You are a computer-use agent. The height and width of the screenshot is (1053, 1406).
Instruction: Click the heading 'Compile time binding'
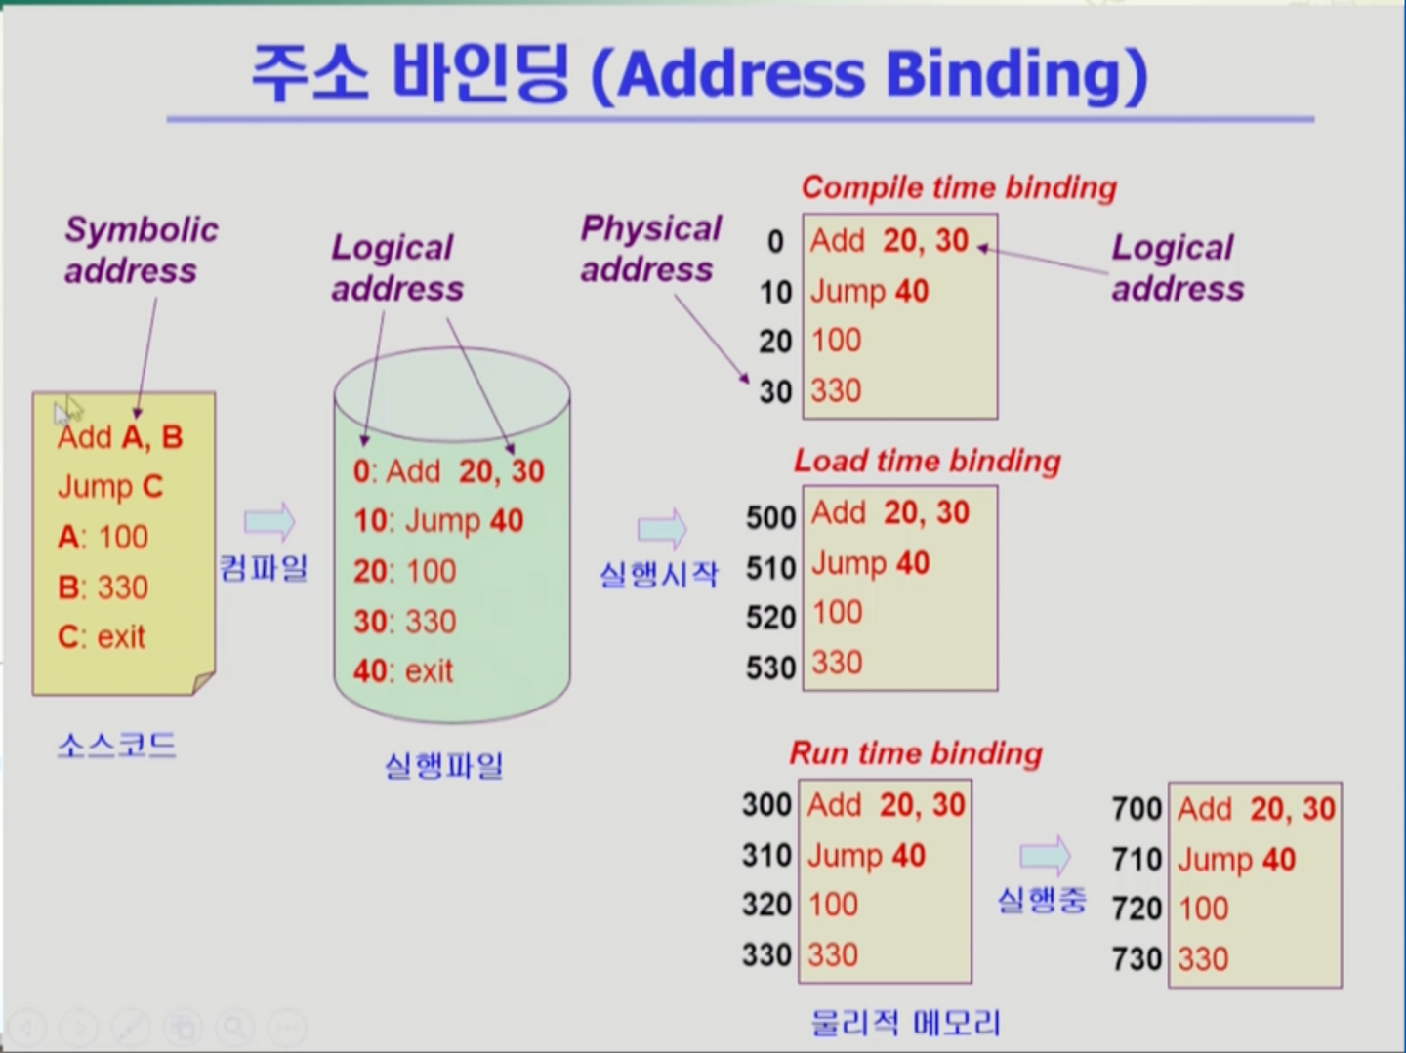pyautogui.click(x=959, y=188)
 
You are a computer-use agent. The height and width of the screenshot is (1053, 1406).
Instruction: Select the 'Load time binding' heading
pyautogui.click(x=927, y=461)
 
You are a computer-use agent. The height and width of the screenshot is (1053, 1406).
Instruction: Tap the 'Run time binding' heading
pyautogui.click(x=916, y=753)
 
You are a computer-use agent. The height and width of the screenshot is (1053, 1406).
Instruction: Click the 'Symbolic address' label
pyautogui.click(x=142, y=250)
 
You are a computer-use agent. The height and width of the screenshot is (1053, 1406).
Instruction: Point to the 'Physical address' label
pyautogui.click(x=651, y=248)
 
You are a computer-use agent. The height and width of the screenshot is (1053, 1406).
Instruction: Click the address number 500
pyautogui.click(x=770, y=517)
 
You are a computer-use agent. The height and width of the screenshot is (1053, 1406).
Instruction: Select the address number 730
pyautogui.click(x=1137, y=959)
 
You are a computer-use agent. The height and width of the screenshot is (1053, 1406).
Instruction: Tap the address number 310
pyautogui.click(x=766, y=855)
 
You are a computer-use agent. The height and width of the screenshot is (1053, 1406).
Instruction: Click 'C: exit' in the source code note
pyautogui.click(x=102, y=637)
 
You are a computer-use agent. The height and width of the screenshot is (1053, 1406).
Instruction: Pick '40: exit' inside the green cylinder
pyautogui.click(x=403, y=670)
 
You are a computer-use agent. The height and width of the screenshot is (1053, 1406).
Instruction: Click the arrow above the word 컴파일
pyautogui.click(x=269, y=522)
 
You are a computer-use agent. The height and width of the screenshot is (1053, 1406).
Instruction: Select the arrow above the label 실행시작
pyautogui.click(x=662, y=529)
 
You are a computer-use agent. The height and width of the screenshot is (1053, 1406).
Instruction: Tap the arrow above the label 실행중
pyautogui.click(x=1045, y=855)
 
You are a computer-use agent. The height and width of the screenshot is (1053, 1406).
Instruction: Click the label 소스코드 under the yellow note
pyautogui.click(x=116, y=746)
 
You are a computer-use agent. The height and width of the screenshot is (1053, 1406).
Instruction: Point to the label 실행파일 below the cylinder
pyautogui.click(x=443, y=765)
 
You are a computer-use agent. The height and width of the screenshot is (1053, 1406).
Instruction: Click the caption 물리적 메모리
pyautogui.click(x=905, y=1023)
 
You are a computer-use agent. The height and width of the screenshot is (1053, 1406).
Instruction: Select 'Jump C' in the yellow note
pyautogui.click(x=110, y=487)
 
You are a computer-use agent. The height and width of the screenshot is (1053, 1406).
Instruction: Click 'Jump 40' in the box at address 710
pyautogui.click(x=1236, y=859)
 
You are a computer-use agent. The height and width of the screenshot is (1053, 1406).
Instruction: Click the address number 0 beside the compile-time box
pyautogui.click(x=775, y=242)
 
